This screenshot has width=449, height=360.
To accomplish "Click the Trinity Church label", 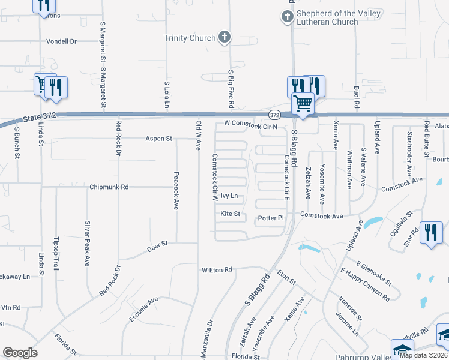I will click(190, 38).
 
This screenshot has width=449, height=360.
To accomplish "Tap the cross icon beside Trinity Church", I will click(224, 38).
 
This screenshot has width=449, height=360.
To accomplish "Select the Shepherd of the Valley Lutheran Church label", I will click(328, 18).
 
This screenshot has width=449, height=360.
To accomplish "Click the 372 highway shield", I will click(274, 115).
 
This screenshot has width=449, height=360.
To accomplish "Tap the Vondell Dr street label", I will click(62, 41).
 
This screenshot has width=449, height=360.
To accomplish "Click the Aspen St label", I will click(158, 139).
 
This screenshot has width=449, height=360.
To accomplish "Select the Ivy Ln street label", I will click(229, 196).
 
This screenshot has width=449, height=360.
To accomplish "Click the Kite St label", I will click(230, 214).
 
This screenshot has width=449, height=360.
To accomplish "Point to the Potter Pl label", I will click(270, 218).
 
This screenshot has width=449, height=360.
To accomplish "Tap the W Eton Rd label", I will click(217, 270).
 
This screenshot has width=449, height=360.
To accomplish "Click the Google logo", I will click(20, 353).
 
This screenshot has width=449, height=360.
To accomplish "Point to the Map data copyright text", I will click(423, 355).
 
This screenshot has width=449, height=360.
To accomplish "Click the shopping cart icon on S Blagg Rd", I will click(303, 104).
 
